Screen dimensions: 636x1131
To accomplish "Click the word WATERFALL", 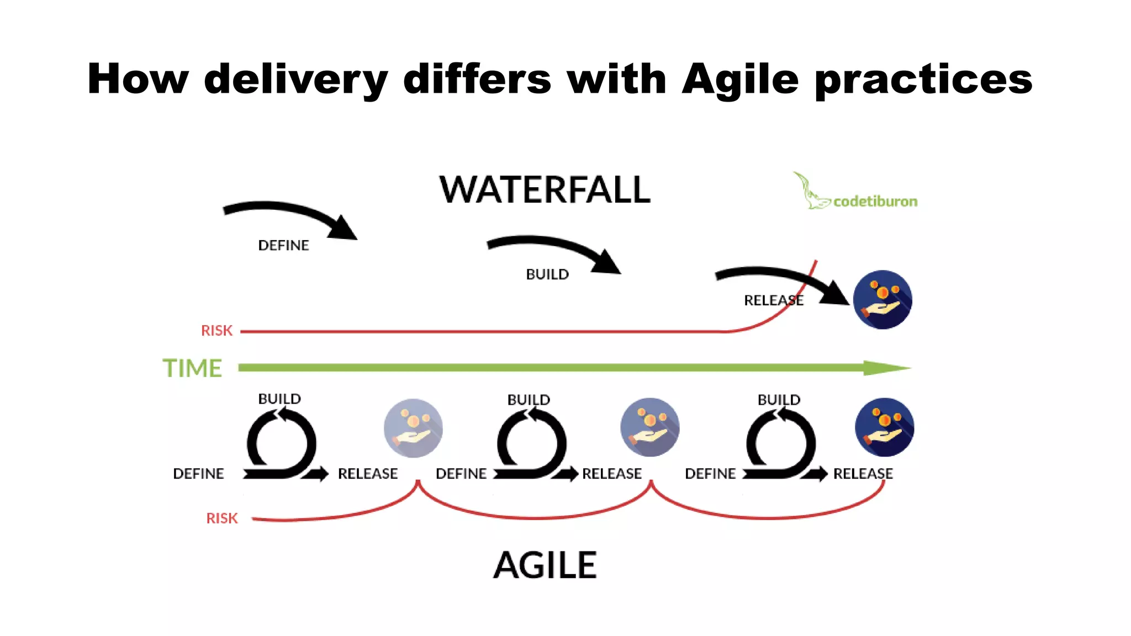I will point(545,190).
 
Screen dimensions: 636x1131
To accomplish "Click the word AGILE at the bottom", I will point(545,565).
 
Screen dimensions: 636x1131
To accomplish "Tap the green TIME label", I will point(192,368).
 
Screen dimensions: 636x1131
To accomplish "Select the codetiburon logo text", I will point(875,202).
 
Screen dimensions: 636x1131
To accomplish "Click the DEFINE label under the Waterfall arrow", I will point(283,245).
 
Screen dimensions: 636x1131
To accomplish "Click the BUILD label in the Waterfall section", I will point(547,274).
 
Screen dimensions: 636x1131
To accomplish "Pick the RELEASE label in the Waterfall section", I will point(773,300).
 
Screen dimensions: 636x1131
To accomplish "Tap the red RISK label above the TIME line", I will point(216,331).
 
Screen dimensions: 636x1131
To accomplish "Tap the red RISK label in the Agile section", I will point(221,518).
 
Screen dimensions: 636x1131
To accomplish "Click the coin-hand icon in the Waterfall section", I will point(882,300).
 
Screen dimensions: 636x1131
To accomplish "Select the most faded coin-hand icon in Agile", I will point(413,428).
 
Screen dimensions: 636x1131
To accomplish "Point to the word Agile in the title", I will point(740,79).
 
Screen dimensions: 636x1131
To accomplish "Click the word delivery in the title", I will point(296,79).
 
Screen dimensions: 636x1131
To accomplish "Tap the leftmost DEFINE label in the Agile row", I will point(198,474).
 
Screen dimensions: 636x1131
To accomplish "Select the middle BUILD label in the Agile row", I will point(528,400).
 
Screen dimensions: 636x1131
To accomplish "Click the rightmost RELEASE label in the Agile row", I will point(863,474).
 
